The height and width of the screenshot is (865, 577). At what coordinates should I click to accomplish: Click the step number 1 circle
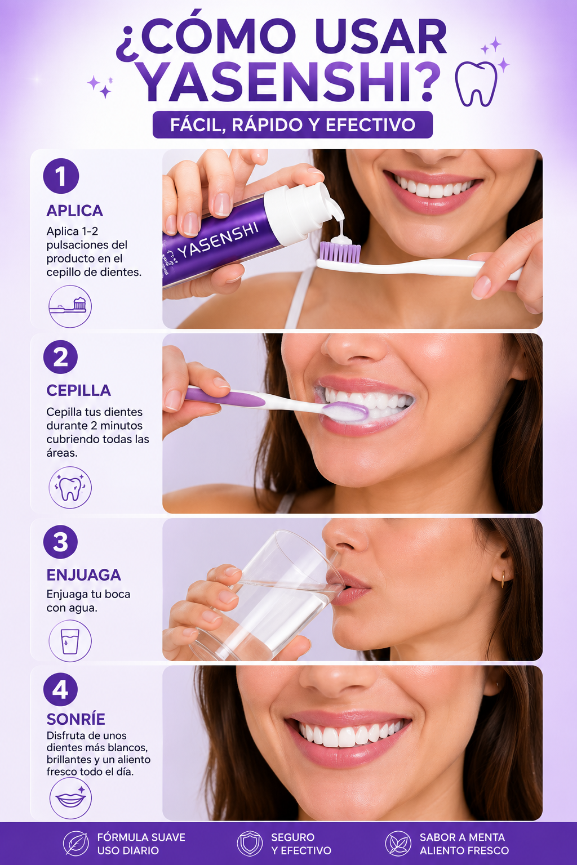[61, 176]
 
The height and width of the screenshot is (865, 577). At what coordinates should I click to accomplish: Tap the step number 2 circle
[60, 357]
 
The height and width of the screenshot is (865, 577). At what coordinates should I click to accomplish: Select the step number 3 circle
[60, 542]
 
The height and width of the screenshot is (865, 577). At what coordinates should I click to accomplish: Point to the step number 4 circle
[60, 690]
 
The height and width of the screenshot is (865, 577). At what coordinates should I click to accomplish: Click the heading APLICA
[74, 211]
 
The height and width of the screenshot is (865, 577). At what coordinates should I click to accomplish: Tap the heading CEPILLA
[78, 391]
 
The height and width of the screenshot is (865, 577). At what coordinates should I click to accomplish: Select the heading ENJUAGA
[83, 575]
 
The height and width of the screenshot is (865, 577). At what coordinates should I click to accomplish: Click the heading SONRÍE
[76, 719]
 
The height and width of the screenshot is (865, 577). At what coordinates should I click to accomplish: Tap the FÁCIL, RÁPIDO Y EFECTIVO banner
[292, 124]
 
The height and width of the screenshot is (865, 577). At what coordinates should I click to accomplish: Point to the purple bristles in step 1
[340, 252]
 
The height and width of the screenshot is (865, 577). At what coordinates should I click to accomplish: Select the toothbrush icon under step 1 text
[70, 306]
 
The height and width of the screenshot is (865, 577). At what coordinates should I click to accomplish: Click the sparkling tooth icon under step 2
[70, 488]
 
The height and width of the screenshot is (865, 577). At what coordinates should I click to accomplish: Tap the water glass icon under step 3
[70, 641]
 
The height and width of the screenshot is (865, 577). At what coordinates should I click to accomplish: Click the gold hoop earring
[503, 579]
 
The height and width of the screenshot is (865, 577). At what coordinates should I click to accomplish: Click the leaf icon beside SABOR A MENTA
[398, 844]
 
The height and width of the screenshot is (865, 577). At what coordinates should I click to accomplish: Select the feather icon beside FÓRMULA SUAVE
[76, 844]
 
